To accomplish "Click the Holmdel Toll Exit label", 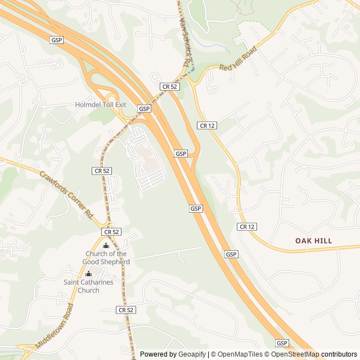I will point(101,105).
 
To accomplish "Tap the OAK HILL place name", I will point(314,241).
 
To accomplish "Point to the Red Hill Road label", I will point(238,58).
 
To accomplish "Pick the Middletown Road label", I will point(55,326).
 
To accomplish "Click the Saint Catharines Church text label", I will point(88,286).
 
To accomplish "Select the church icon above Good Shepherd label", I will point(106,245).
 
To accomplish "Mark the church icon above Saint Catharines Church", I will point(88,274).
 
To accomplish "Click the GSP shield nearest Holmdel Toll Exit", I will point(145,109).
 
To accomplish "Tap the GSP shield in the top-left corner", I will point(56,40).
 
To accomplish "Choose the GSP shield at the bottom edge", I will point(282,343).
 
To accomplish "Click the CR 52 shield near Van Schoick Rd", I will point(169,86).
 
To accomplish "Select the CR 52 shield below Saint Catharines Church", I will point(127,310).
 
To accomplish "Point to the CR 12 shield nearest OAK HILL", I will point(247,227).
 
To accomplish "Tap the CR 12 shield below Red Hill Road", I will point(206,125).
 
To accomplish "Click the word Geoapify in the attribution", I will point(192,354).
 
